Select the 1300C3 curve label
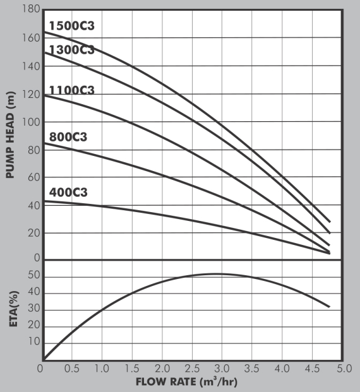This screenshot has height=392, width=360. (71, 50)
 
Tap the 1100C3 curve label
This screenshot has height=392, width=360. (71, 90)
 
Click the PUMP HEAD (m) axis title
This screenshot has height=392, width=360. (10, 134)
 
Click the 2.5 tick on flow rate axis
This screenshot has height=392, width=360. (192, 367)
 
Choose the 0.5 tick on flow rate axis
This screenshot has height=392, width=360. (72, 367)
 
